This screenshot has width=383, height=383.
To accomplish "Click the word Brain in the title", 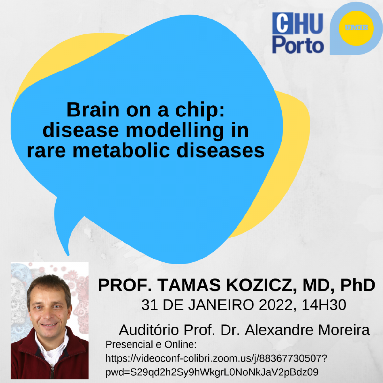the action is pyautogui.click(x=93, y=110).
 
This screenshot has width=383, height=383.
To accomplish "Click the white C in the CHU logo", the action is pyautogui.click(x=282, y=23).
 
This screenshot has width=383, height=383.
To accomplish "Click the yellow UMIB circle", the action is pyautogui.click(x=356, y=28).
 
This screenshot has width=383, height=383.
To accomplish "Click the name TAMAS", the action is pyautogui.click(x=189, y=285).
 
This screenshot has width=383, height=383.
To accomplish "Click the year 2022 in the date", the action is pyautogui.click(x=276, y=305).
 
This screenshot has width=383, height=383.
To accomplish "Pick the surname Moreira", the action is pyautogui.click(x=344, y=330).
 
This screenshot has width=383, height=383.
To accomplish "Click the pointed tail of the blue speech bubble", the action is pyautogui.click(x=68, y=255).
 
